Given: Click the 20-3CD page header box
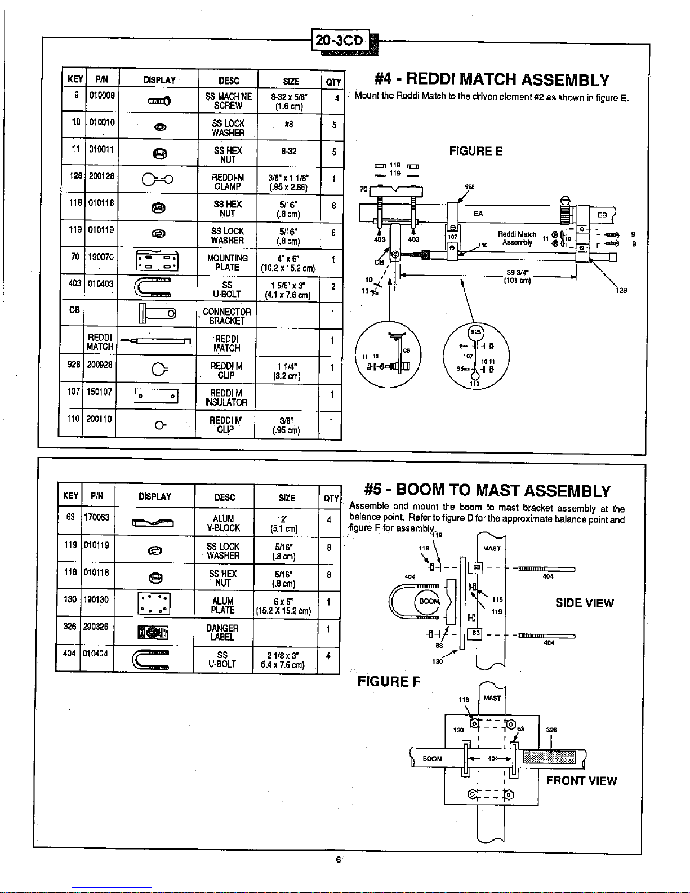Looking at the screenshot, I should pyautogui.click(x=341, y=40).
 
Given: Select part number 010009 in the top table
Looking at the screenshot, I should pyautogui.click(x=101, y=96).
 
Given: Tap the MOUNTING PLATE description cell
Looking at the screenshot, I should pyautogui.click(x=227, y=263).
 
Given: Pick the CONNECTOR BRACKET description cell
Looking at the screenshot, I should pyautogui.click(x=227, y=316).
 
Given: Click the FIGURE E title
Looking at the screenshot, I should pyautogui.click(x=475, y=151).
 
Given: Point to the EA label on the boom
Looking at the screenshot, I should pyautogui.click(x=478, y=214).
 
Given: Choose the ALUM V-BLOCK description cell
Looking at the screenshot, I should pyautogui.click(x=224, y=523).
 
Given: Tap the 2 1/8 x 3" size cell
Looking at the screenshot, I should pyautogui.click(x=283, y=659).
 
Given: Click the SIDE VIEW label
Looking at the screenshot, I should pyautogui.click(x=584, y=603).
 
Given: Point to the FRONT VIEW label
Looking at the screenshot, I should pyautogui.click(x=581, y=781).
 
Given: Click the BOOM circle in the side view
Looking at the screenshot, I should pyautogui.click(x=429, y=601).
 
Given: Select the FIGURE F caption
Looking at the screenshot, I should pyautogui.click(x=389, y=682).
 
